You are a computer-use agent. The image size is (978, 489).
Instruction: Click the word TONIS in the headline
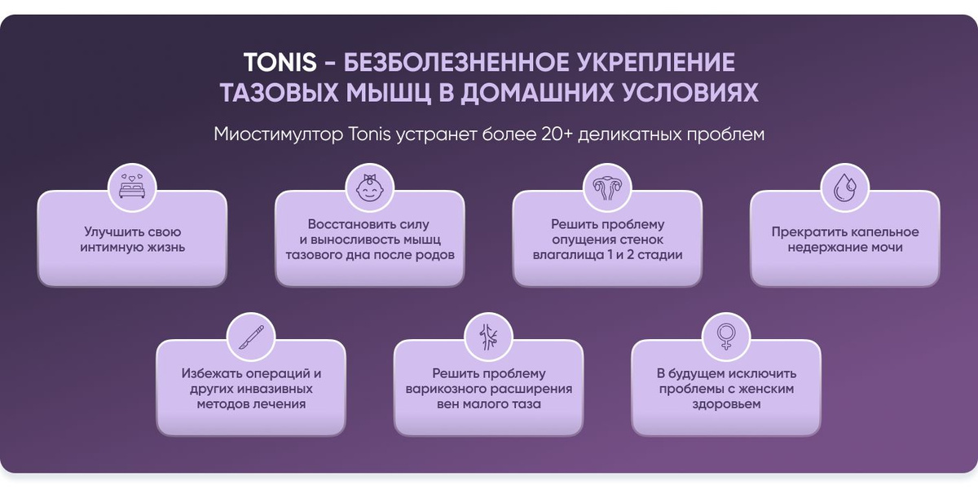[x=280, y=62]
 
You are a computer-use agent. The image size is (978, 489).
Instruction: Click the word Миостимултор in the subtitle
[x=279, y=134]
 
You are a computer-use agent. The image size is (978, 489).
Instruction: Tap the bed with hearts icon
[x=132, y=187]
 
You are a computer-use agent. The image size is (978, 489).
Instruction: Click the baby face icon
[x=369, y=188]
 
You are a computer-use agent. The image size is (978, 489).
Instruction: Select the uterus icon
[x=607, y=188]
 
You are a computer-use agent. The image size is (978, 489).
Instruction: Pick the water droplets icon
[x=845, y=187]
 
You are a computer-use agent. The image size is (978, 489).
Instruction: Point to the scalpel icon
[x=251, y=337]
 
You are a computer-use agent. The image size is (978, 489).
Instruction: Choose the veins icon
[x=488, y=337]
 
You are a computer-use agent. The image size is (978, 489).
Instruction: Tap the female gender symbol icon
[x=725, y=337]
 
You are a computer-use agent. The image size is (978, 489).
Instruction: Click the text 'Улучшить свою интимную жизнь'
[x=132, y=240]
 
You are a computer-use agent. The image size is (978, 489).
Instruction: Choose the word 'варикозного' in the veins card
[x=442, y=389]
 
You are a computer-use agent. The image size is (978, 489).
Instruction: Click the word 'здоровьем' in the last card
[x=726, y=404]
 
